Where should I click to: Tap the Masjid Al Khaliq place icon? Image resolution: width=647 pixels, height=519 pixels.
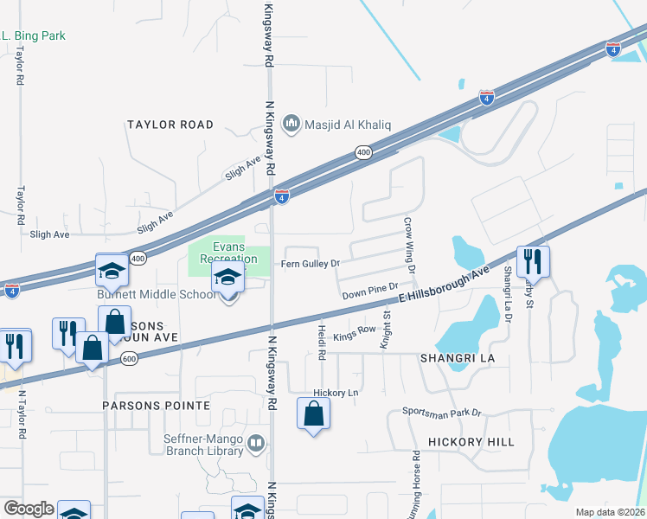(x=291, y=125)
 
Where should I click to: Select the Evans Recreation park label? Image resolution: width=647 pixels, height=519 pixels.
(x=228, y=252)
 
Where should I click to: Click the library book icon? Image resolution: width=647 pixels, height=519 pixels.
(x=256, y=445)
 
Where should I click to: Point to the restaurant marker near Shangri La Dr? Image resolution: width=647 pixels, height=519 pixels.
(x=533, y=261)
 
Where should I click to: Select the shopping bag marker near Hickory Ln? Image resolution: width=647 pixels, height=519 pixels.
(x=313, y=413)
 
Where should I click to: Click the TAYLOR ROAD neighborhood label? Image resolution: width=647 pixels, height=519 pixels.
(x=170, y=125)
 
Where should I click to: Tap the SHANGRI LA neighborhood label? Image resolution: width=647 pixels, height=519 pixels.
(x=456, y=357)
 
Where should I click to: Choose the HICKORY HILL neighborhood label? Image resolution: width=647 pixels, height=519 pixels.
(x=476, y=442)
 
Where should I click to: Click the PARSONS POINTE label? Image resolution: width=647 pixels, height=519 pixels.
(x=156, y=405)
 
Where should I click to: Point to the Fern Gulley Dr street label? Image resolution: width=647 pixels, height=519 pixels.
(x=310, y=263)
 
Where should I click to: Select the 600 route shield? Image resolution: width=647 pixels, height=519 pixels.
(x=128, y=358)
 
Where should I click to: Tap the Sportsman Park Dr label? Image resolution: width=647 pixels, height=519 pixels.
(x=441, y=413)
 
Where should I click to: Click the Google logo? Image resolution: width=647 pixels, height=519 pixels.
(x=29, y=509)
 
